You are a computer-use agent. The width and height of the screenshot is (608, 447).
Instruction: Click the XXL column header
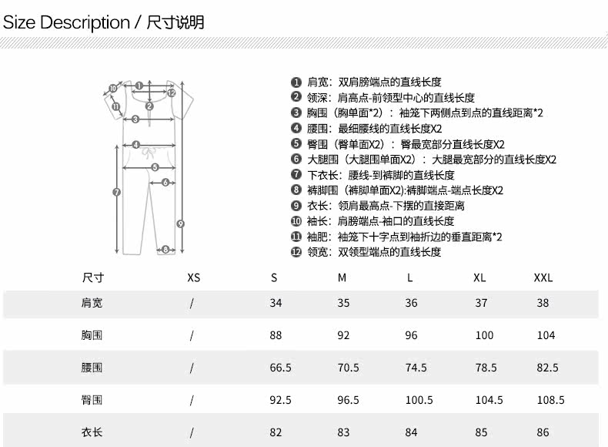[543, 277]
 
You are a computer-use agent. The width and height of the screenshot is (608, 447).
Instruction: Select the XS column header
[193, 277]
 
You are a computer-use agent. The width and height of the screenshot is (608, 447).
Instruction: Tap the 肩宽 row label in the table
[92, 303]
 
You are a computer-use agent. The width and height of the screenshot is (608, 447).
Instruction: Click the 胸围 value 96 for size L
[412, 335]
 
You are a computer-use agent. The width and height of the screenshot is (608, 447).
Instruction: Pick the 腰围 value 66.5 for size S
[280, 368]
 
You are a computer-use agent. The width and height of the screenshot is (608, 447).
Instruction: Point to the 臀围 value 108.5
[550, 400]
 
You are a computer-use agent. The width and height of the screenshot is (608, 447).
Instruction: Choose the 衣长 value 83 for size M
[343, 432]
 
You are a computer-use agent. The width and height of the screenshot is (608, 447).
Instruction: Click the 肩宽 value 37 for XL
[481, 303]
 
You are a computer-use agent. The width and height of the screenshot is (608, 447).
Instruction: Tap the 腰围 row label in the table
[92, 368]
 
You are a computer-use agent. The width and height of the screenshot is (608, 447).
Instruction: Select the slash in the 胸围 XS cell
[192, 335]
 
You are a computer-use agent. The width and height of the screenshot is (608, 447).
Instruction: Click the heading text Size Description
[66, 22]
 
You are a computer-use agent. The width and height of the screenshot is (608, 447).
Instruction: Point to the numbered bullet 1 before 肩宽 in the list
[296, 82]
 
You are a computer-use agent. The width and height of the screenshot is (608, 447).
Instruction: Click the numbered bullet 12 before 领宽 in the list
[296, 252]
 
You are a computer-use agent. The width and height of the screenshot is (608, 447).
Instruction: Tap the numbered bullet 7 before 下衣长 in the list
[296, 175]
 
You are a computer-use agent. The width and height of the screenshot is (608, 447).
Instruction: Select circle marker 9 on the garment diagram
[180, 223]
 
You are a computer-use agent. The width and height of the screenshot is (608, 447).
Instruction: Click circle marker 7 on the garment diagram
[116, 192]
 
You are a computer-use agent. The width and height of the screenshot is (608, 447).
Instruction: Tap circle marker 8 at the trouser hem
[164, 249]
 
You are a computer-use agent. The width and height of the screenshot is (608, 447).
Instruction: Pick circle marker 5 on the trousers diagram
[154, 166]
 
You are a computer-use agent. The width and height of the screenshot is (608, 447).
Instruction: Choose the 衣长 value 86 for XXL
[543, 432]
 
